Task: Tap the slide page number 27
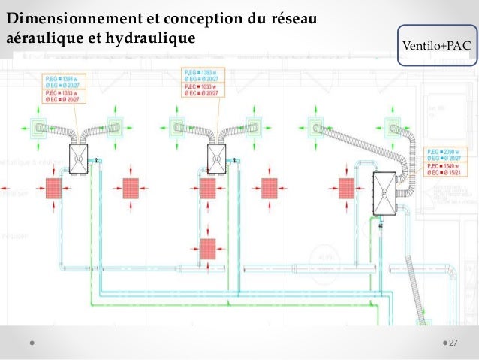pyautogui.click(x=453, y=343)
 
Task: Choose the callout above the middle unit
pyautogui.click(x=205, y=83)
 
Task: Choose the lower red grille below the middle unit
pyautogui.click(x=206, y=248)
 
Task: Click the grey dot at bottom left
pyautogui.click(x=33, y=343)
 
